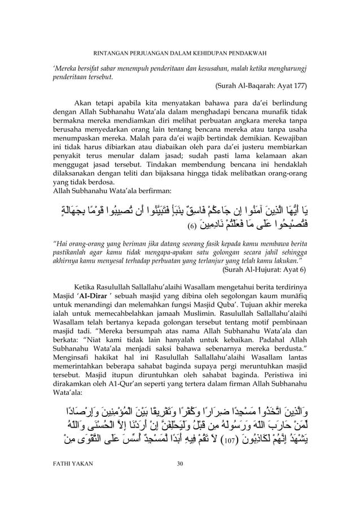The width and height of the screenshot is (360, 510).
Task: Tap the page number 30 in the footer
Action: click(x=180, y=496)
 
